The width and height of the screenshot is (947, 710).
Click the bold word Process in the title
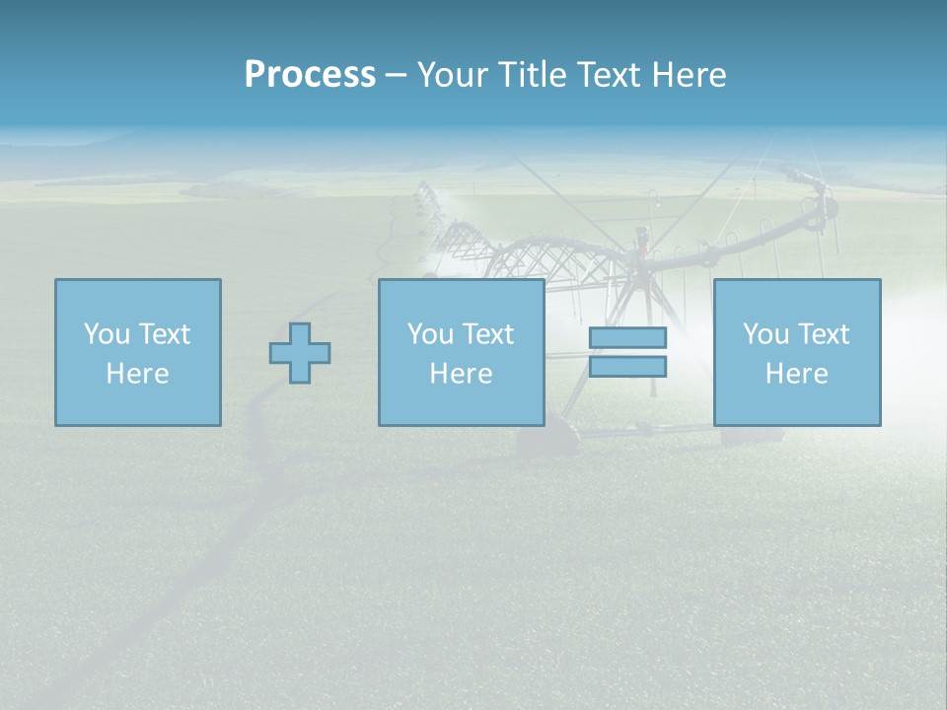[310, 75]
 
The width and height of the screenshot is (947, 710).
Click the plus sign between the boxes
[300, 353]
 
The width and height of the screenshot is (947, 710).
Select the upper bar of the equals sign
[627, 337]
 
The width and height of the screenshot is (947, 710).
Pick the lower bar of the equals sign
[627, 367]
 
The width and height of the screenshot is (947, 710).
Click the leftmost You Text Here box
[137, 352]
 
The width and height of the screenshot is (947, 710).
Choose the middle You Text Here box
[461, 352]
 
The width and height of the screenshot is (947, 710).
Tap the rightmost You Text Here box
[796, 352]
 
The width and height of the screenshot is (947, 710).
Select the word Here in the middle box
[461, 374]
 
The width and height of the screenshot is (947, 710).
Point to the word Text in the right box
[823, 334]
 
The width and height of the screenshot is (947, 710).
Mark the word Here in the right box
[796, 374]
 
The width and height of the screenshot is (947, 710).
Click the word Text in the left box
[164, 334]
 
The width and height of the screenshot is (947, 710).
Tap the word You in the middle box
[431, 334]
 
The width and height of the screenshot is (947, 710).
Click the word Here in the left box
[137, 374]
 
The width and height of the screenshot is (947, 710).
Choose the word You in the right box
[766, 334]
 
